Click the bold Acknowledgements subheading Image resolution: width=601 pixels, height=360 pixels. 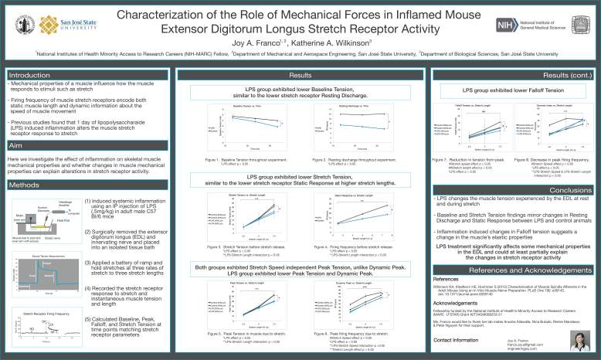[x=456, y=304]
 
